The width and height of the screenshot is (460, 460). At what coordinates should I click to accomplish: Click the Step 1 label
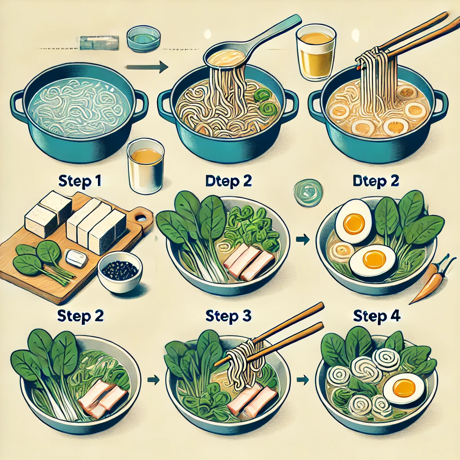(80, 181)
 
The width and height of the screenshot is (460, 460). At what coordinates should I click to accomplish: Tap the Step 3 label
(228, 316)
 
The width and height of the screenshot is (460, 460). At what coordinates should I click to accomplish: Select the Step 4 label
(377, 316)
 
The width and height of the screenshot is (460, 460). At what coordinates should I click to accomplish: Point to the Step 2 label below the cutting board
(80, 316)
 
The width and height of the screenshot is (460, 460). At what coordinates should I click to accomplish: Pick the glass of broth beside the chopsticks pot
(316, 53)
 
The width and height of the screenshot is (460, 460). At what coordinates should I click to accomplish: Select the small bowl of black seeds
(119, 271)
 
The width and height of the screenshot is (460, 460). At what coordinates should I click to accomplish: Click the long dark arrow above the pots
(147, 67)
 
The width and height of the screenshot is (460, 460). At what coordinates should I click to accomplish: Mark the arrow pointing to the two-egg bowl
(303, 239)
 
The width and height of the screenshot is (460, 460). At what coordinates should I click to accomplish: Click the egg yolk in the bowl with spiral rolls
(404, 387)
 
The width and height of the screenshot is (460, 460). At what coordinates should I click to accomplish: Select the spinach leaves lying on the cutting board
(43, 261)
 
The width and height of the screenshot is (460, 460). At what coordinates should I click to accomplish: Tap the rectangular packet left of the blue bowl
(99, 43)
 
